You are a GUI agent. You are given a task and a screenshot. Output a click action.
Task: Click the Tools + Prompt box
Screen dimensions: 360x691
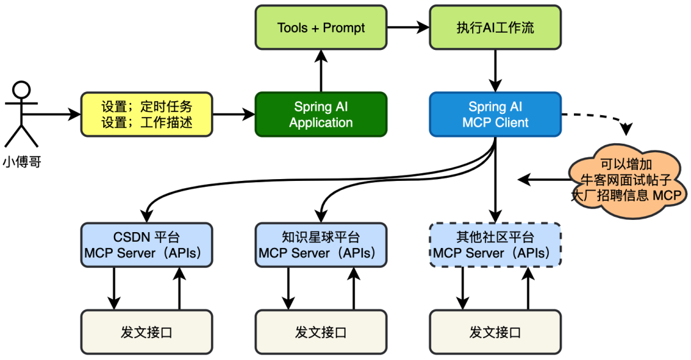[321, 27]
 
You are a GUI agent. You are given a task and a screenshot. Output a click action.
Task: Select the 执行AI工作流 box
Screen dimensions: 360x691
[495, 27]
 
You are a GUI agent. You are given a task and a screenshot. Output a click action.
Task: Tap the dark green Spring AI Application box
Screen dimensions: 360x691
[321, 114]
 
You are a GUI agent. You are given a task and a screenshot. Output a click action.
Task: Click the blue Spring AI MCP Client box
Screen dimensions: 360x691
[495, 114]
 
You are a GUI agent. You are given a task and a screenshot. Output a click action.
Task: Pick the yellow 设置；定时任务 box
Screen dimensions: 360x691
[147, 114]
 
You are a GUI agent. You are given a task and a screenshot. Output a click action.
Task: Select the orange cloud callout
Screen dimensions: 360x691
[627, 182]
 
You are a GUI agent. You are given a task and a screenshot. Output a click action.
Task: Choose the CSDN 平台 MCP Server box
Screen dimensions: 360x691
[147, 245]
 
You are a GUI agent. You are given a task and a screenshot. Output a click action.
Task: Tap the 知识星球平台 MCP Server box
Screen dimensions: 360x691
[321, 245]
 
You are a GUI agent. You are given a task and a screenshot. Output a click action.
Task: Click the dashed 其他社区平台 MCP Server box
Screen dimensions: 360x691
[495, 245]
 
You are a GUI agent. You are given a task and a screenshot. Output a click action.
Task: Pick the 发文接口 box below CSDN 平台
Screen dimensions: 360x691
[147, 332]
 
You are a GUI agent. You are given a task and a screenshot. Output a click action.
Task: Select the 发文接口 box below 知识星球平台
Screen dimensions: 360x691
[321, 332]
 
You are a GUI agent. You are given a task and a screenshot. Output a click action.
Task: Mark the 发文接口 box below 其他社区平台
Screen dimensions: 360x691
[495, 332]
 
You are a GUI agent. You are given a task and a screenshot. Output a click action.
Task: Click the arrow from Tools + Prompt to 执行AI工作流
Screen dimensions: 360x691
[408, 27]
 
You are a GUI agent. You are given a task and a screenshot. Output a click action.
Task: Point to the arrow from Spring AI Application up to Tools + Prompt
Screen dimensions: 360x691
[321, 72]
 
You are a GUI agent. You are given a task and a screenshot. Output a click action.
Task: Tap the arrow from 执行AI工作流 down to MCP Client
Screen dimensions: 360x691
[495, 72]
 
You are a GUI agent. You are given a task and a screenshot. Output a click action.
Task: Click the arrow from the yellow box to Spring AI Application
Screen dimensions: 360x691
[234, 115]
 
